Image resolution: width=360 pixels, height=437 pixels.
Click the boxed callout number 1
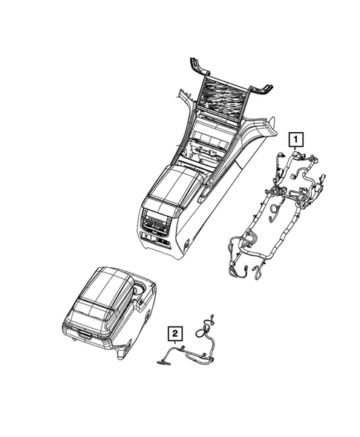click(x=295, y=138)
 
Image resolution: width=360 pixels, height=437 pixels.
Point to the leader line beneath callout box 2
click(x=174, y=345)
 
